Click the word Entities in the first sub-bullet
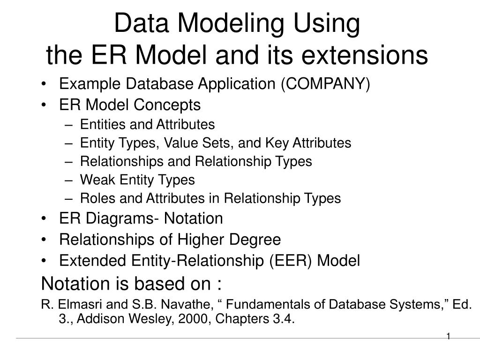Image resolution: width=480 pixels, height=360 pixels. [x=101, y=125]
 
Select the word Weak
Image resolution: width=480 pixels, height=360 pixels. [x=97, y=180]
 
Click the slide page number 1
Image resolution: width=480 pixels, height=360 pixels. [x=448, y=336]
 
